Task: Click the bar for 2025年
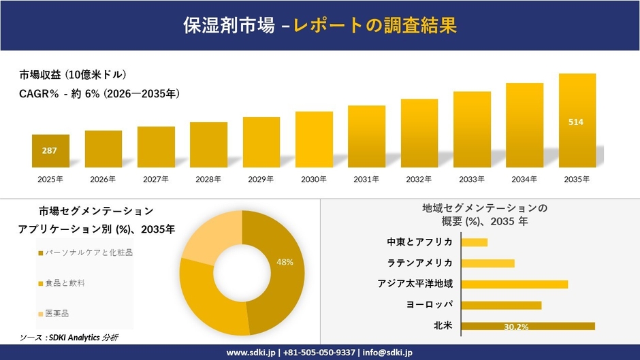(x=50, y=151)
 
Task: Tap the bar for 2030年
(x=314, y=140)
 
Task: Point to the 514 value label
(x=576, y=122)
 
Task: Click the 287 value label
(x=50, y=150)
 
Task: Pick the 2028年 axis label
(x=208, y=180)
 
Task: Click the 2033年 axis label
(x=471, y=180)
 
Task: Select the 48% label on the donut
(x=285, y=262)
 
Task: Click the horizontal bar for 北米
(x=528, y=326)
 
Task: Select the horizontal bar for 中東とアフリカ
(x=475, y=242)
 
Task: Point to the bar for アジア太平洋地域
(x=514, y=284)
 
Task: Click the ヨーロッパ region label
(x=429, y=305)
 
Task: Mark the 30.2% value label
(x=517, y=327)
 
